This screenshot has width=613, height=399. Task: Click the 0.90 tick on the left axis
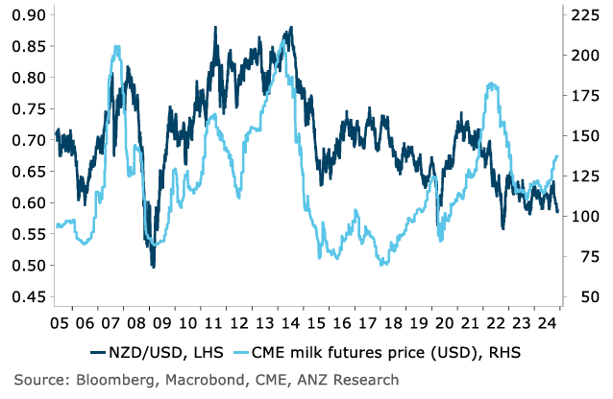pyautogui.click(x=27, y=14)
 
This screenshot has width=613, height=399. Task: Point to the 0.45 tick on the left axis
pyautogui.click(x=27, y=296)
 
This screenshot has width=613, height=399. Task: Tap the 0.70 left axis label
pyautogui.click(x=27, y=140)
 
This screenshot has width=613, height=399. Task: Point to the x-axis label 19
pyautogui.click(x=420, y=323)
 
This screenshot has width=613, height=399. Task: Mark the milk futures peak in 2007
pyautogui.click(x=116, y=46)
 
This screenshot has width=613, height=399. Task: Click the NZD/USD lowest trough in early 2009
pyautogui.click(x=153, y=266)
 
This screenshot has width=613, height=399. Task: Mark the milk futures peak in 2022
pyautogui.click(x=492, y=83)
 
